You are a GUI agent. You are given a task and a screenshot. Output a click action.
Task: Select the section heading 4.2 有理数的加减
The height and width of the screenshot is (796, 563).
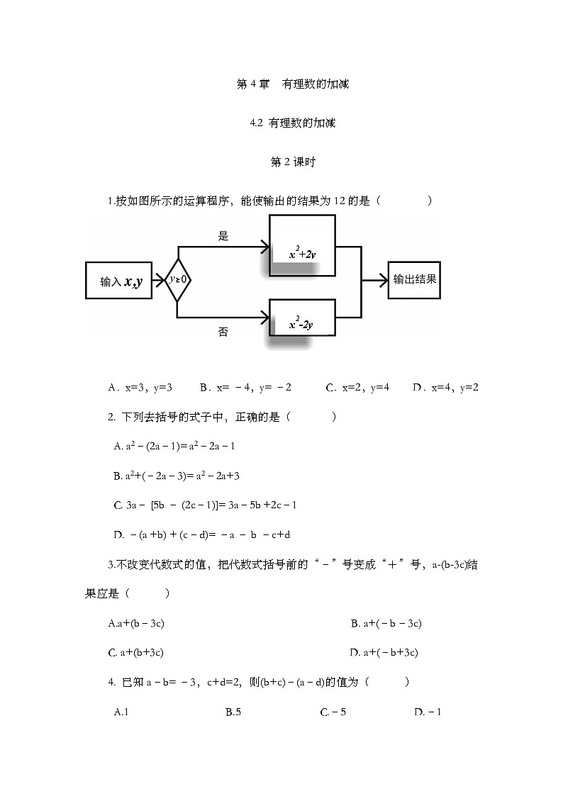pos(292,123)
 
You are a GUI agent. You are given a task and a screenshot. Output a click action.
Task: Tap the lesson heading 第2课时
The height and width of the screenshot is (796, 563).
pos(292,162)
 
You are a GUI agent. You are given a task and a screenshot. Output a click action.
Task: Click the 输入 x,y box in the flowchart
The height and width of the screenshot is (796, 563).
pos(118,281)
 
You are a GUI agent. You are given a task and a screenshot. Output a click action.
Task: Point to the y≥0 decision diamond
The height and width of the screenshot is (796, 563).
pos(177,279)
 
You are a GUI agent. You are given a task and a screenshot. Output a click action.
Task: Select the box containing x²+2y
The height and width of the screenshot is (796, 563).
pos(302,247)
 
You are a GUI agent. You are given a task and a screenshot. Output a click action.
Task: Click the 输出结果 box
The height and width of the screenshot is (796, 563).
pos(415,279)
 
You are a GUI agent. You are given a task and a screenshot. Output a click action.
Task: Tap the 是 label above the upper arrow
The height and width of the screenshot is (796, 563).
pos(223,237)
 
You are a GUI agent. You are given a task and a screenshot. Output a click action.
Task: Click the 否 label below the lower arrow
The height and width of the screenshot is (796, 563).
pos(223,332)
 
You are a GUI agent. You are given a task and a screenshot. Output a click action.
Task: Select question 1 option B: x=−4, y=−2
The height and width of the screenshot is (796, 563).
pos(245,388)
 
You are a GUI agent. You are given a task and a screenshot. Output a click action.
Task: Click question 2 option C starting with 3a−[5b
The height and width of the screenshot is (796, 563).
pos(205,505)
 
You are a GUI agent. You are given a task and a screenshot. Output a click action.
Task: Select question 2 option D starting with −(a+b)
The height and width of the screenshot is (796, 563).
pos(202,534)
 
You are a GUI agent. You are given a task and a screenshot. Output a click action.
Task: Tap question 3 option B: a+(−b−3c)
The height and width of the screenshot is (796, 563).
pos(386,624)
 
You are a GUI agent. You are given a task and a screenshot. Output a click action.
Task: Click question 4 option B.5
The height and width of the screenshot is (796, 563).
pos(233,712)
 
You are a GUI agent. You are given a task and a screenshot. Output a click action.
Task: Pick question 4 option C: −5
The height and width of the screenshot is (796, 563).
pos(333,712)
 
